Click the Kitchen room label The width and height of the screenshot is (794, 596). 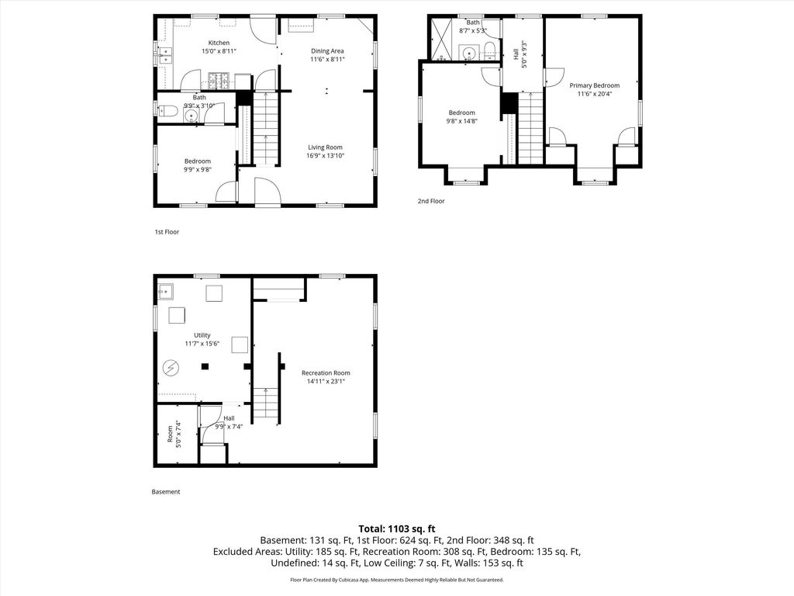point(219,43)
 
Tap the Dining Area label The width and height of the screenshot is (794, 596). point(327,50)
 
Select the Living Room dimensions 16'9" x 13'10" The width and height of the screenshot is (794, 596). point(325,155)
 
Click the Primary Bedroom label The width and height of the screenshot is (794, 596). point(595,85)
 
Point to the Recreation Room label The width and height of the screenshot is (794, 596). point(326,373)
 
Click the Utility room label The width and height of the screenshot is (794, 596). point(202,335)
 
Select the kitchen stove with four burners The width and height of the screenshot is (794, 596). point(219,80)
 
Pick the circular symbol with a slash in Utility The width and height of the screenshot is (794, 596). point(171,367)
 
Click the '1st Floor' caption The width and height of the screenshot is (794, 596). point(167,232)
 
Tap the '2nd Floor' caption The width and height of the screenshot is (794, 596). point(431,201)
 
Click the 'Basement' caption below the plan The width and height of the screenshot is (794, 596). point(166,491)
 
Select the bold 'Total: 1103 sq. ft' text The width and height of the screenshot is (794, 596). point(397,529)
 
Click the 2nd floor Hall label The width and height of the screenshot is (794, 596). point(516,54)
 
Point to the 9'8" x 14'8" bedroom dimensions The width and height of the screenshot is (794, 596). point(462,121)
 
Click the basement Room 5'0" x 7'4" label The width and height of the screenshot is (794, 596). point(174,434)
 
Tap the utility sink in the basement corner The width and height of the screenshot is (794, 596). point(166,292)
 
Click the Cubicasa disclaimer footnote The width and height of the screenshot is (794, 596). point(397,580)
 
